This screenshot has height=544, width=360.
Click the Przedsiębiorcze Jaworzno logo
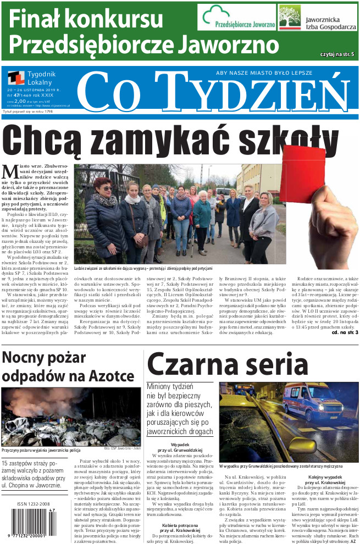[237, 19]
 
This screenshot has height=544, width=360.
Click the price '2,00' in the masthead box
[20, 101]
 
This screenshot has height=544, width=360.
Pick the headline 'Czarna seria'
[227, 363]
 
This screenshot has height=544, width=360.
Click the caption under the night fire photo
[41, 449]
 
